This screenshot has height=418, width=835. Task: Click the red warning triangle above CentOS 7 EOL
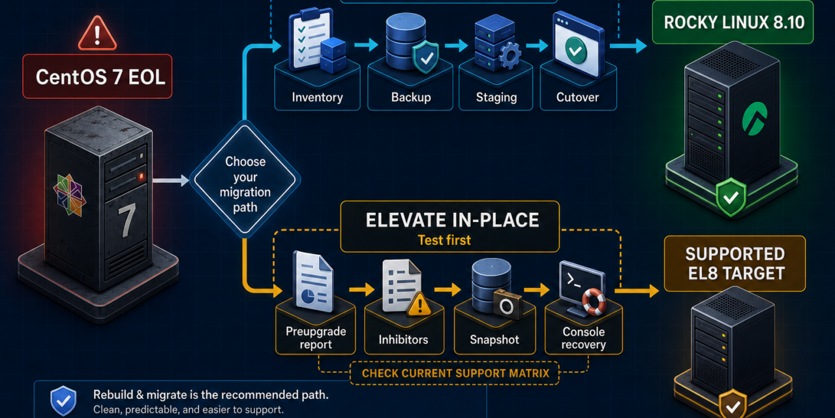click(97, 34)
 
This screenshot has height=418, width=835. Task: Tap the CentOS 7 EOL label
click(97, 76)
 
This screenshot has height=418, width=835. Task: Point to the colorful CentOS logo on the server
click(70, 195)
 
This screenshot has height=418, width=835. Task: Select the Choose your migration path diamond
click(245, 180)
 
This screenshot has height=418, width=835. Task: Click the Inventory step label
click(317, 97)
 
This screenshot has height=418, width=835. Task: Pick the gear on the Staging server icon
click(509, 56)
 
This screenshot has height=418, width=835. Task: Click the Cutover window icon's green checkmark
click(575, 50)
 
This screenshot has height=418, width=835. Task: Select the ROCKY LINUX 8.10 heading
click(734, 22)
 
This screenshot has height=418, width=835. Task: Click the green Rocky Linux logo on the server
click(755, 118)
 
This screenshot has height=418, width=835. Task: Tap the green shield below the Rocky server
click(731, 197)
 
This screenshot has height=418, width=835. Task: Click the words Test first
click(444, 240)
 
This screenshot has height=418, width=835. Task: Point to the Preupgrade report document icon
click(312, 281)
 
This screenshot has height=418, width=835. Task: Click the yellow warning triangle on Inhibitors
click(419, 304)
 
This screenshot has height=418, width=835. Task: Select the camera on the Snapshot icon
click(508, 304)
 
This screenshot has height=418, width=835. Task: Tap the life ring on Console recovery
click(594, 302)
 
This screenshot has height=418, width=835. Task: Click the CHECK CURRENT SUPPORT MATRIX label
click(455, 373)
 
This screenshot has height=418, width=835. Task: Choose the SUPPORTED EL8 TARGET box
click(735, 263)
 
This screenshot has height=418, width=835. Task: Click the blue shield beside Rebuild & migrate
click(63, 401)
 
